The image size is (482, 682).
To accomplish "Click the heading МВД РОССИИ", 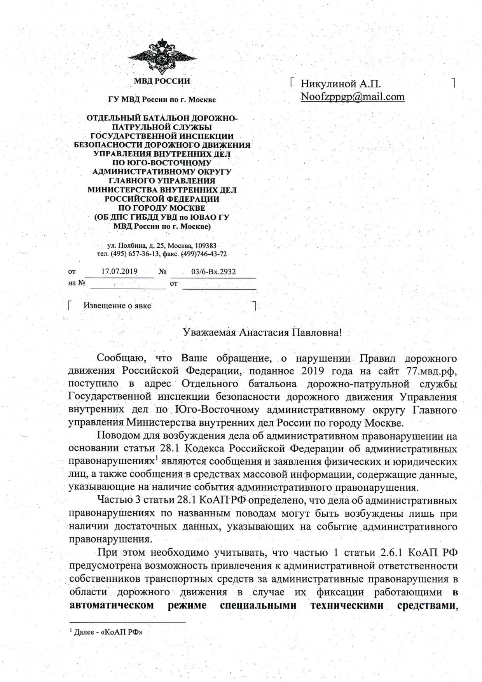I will click(162, 81).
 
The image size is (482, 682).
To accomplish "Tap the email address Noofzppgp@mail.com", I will click(353, 96).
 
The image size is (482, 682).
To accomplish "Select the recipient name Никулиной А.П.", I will click(341, 84).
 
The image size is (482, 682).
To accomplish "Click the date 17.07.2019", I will click(119, 271).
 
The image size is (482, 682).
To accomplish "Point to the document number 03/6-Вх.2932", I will click(213, 271).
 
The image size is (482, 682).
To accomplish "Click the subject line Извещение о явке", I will click(117, 306).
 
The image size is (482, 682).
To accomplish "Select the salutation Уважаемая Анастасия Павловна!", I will click(262, 332).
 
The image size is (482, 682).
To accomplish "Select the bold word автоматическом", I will click(111, 605).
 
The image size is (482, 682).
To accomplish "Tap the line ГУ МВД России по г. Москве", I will click(162, 100).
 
